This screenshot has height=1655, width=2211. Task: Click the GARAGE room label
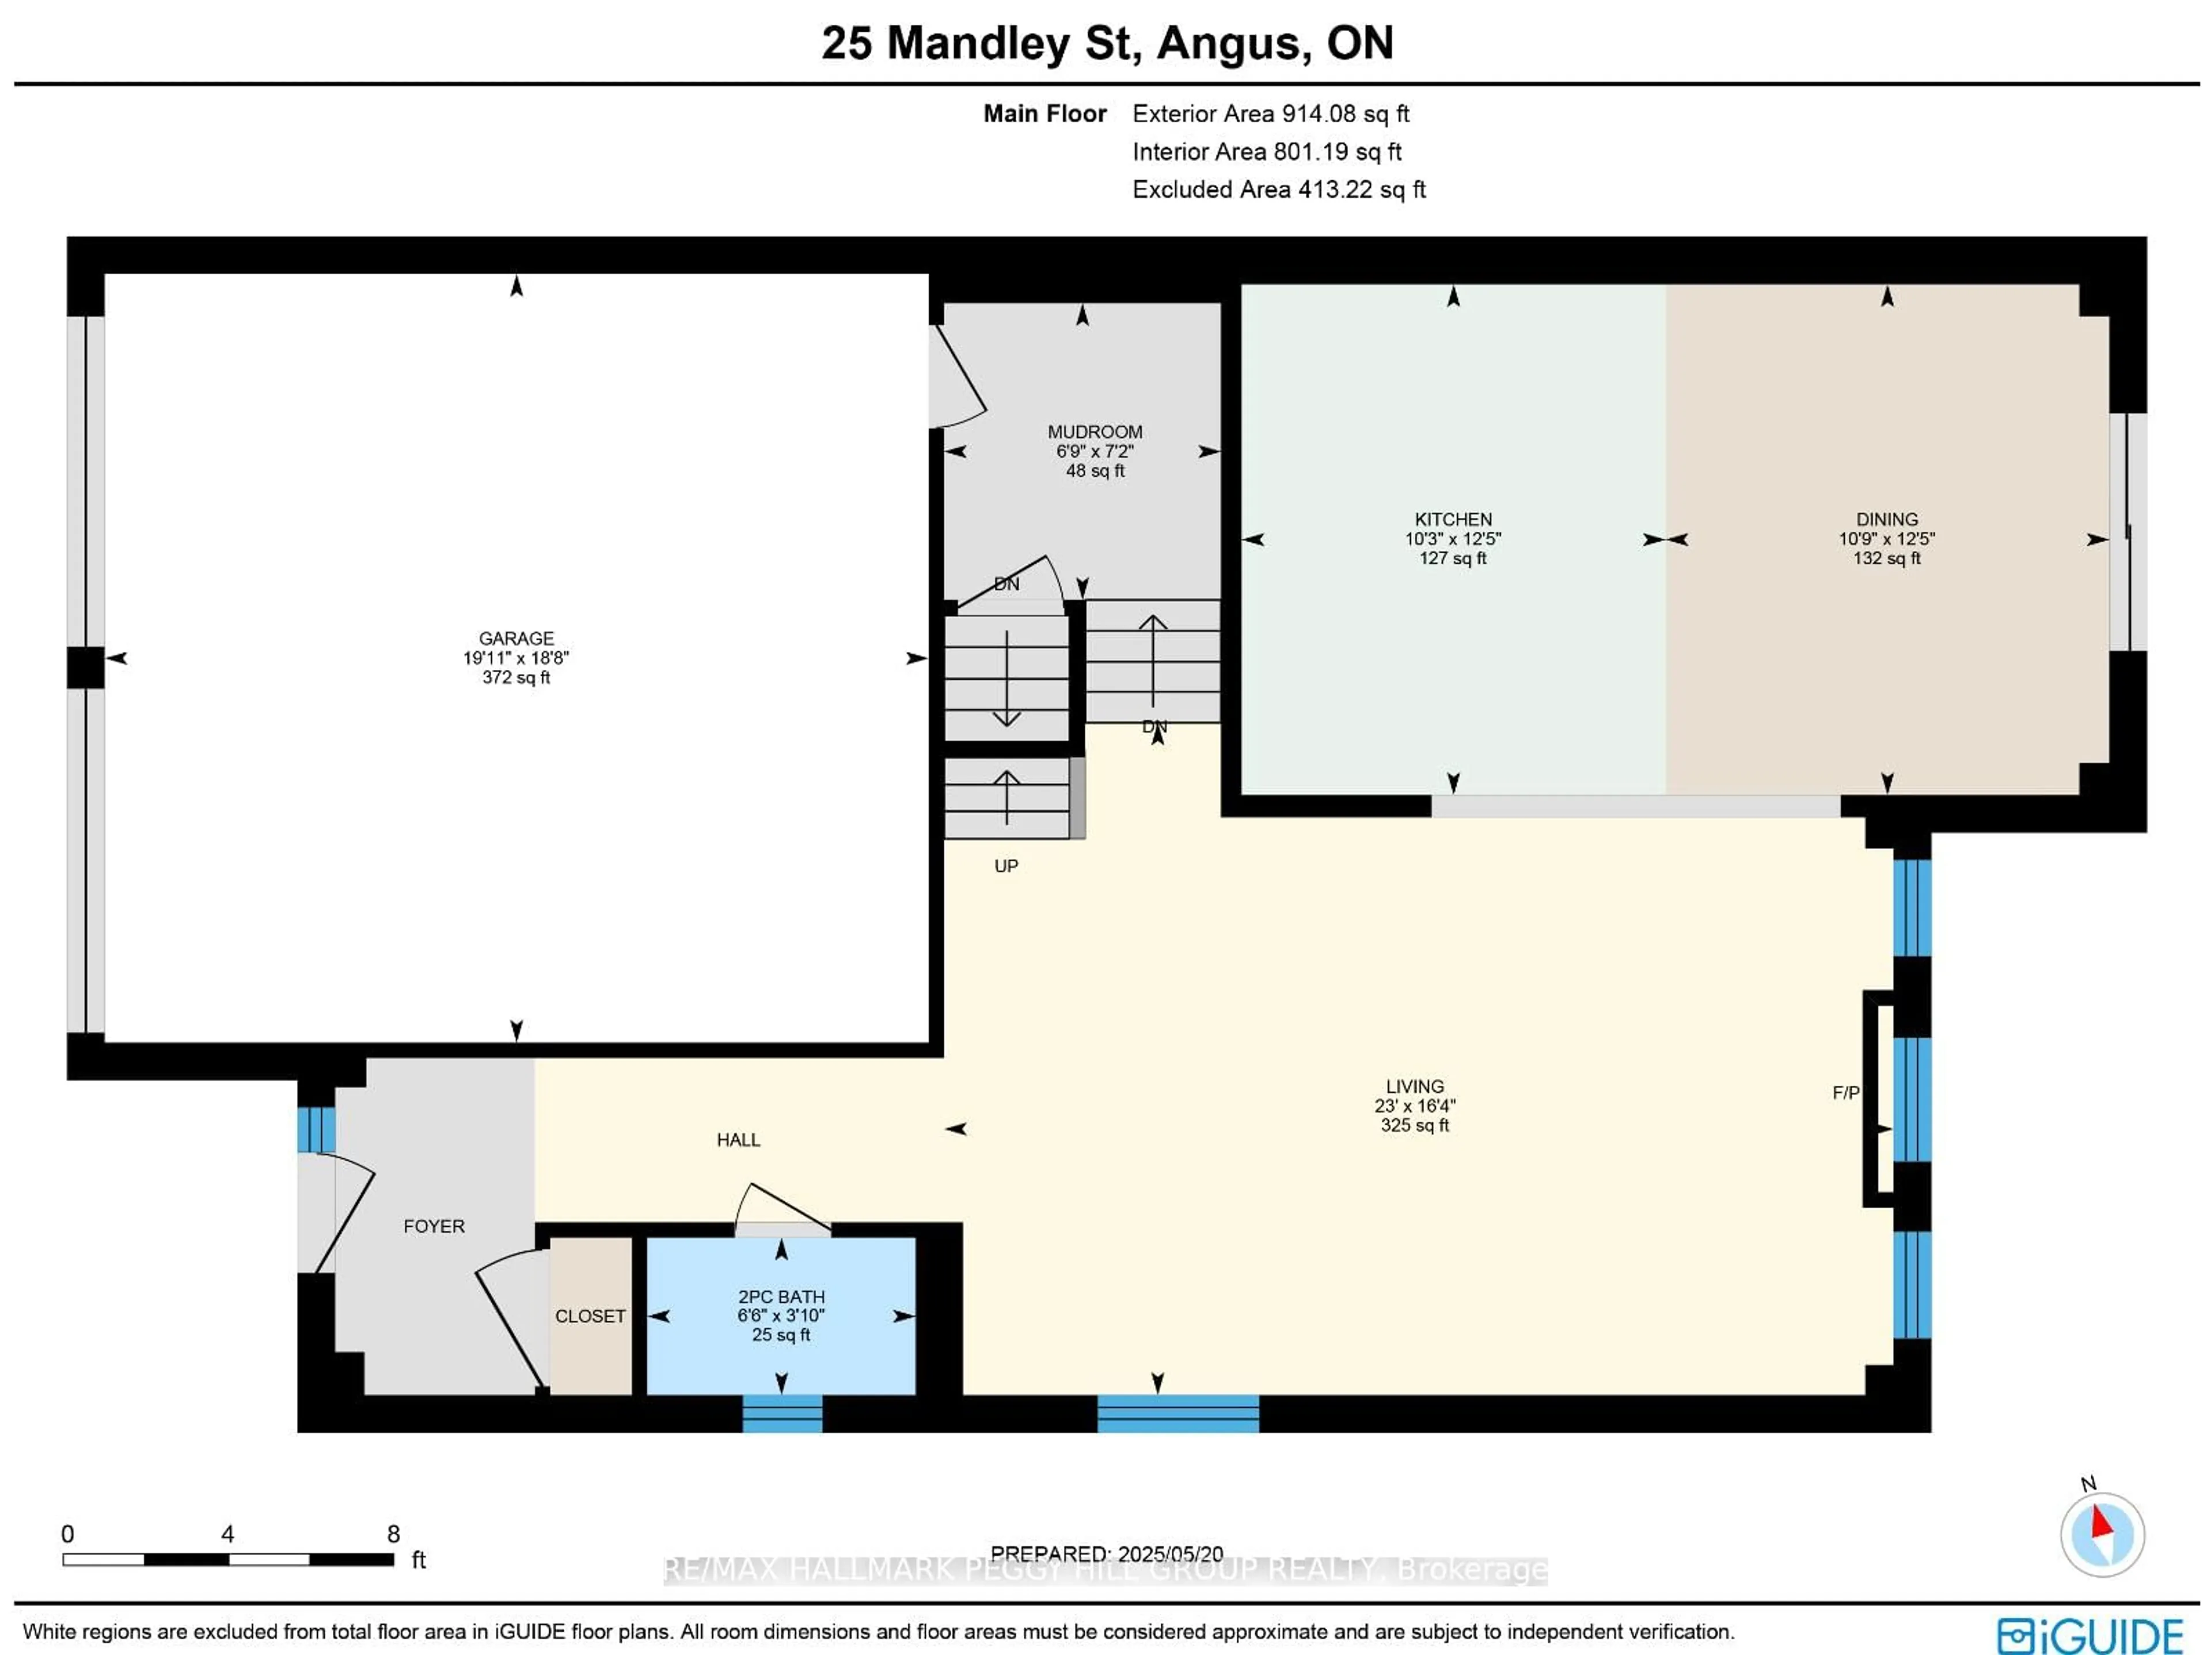pos(516,638)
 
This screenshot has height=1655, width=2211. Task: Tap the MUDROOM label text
pos(1095,432)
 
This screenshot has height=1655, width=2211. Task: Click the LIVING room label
pos(1414,1086)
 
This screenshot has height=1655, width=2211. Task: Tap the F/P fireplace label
pos(1845,1093)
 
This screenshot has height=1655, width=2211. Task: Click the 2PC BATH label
pos(781,1296)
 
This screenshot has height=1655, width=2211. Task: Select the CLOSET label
pos(590,1316)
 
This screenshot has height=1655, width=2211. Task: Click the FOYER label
pos(434,1226)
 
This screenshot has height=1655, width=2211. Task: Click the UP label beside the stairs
pos(1005,865)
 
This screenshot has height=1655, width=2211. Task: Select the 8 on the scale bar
pos(393,1533)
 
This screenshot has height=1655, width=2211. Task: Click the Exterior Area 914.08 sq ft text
pos(1270,114)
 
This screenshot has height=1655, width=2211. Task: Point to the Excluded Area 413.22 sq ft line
pos(1278,190)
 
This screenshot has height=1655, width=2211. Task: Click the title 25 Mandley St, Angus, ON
pos(1107,43)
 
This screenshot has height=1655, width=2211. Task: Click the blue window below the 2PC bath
pos(782,1413)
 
